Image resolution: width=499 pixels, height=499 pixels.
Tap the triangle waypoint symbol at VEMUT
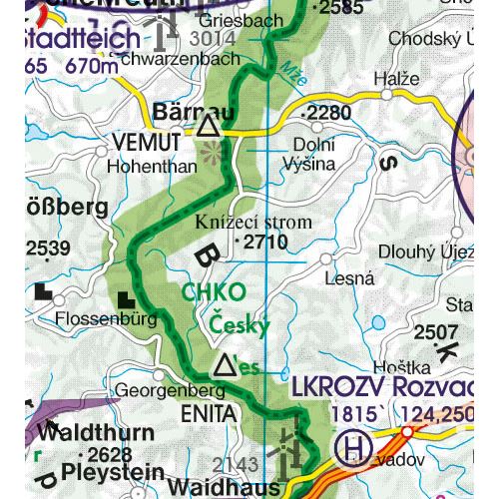tap(208, 126)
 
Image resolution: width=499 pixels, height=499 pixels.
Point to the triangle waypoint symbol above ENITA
tap(226, 365)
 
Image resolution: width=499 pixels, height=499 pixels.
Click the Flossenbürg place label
tap(108, 321)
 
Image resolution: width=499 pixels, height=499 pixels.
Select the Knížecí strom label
tap(253, 222)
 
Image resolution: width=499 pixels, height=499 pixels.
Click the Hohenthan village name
tap(150, 167)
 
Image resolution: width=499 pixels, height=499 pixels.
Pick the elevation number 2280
tap(329, 113)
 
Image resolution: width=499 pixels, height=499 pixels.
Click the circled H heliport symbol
tap(350, 447)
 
